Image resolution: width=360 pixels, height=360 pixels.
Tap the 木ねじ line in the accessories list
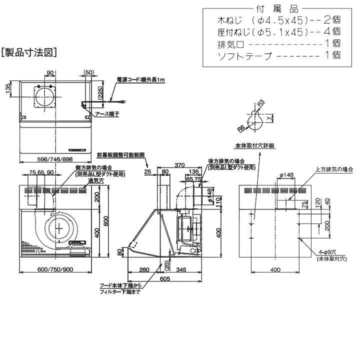coord(279,20)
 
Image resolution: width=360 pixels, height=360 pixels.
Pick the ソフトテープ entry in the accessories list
coord(279,56)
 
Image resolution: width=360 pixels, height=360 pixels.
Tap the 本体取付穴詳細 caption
coord(255,145)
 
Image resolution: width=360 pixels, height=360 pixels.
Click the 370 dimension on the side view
coord(180,165)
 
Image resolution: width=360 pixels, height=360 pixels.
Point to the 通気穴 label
coord(93,180)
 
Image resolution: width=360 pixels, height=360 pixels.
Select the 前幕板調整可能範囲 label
coord(120,155)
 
